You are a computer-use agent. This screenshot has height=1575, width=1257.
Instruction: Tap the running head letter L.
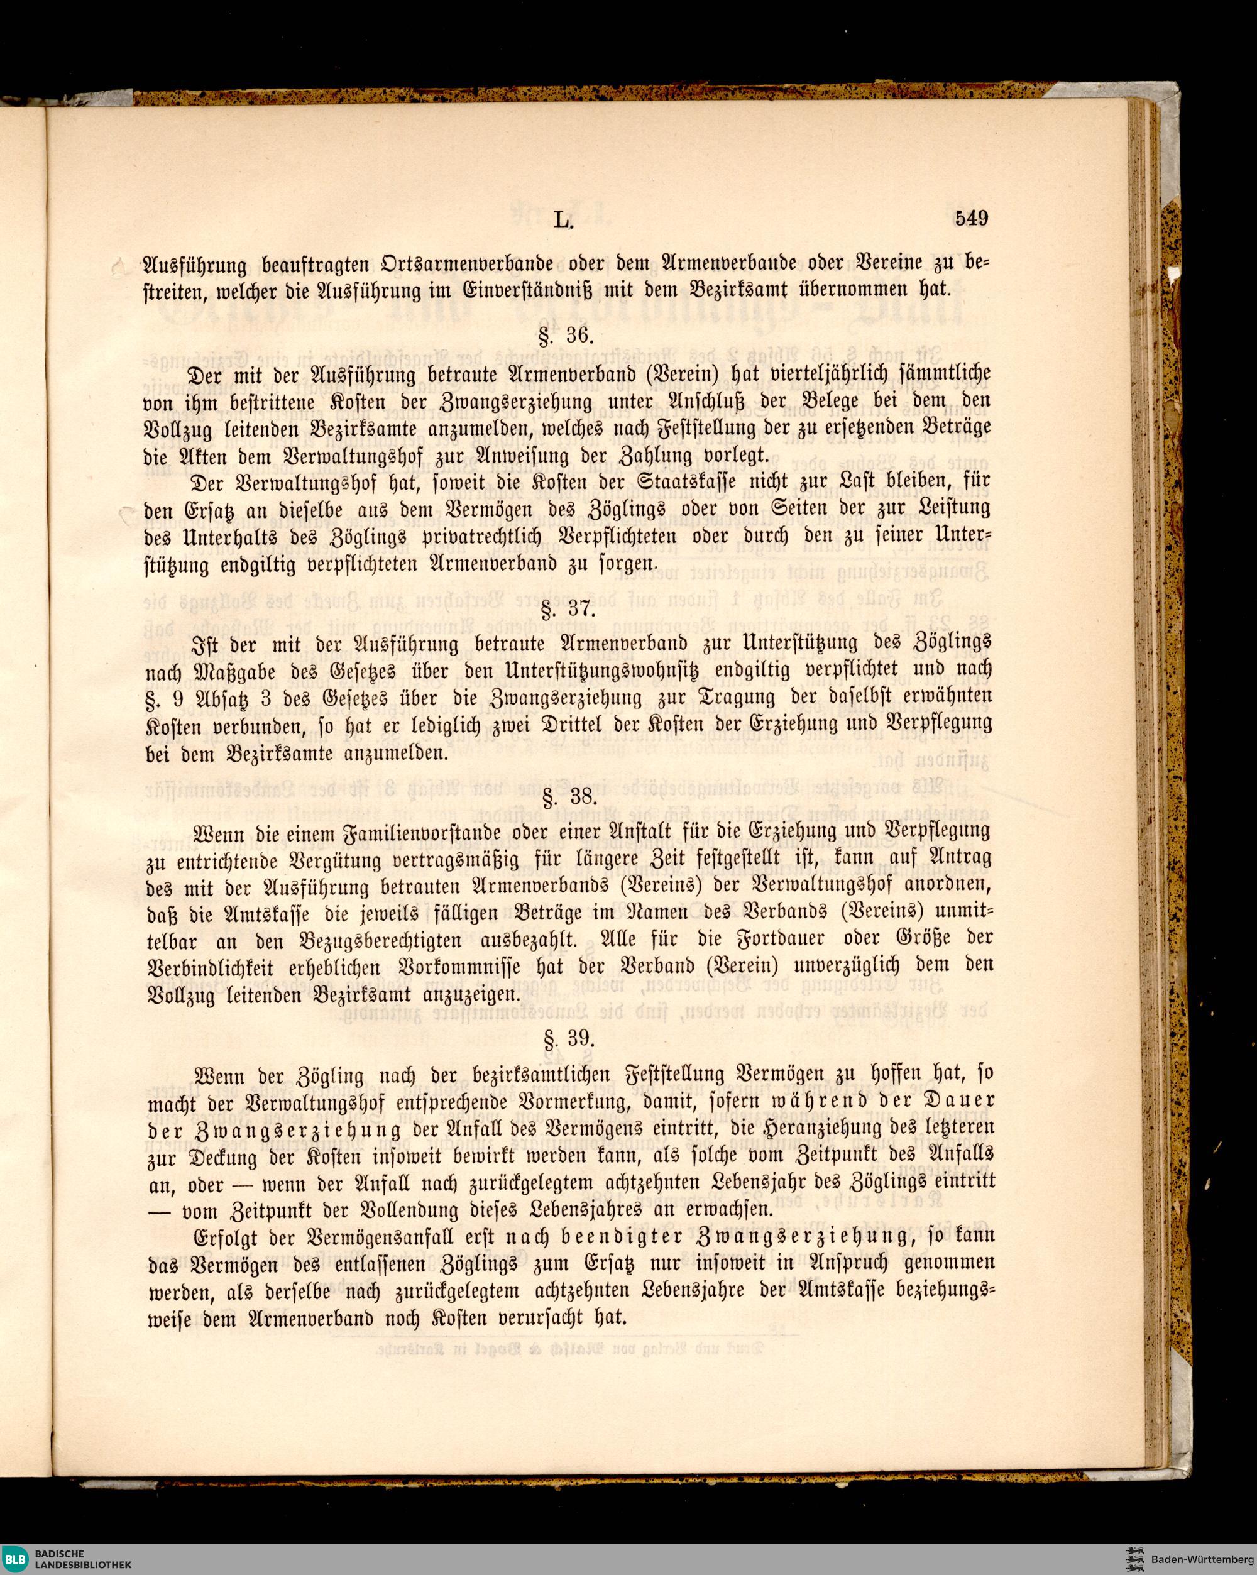coord(562,219)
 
